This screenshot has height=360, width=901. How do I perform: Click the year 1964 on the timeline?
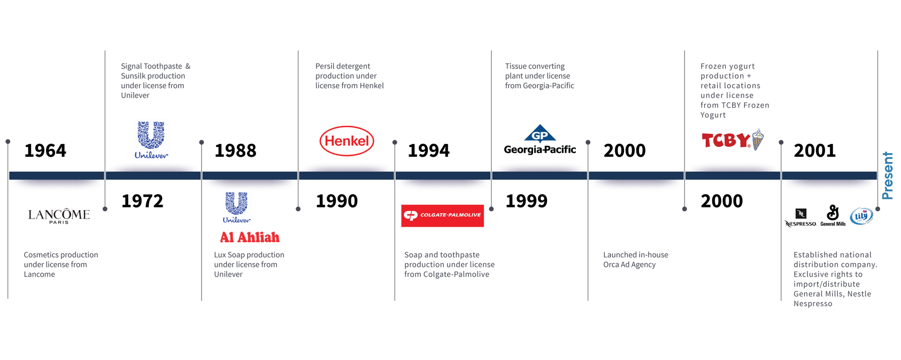[x=45, y=151]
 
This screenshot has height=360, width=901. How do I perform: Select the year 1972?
[x=142, y=201]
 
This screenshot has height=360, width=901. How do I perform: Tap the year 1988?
[x=235, y=151]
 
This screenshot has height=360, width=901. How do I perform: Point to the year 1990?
[x=337, y=201]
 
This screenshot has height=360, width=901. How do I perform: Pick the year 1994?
[x=429, y=151]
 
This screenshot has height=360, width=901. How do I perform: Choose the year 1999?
[x=527, y=201]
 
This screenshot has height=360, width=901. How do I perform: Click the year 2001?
[x=814, y=151]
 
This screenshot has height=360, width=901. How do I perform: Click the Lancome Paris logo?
[x=59, y=216]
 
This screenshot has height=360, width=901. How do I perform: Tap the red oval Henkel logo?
[x=346, y=141]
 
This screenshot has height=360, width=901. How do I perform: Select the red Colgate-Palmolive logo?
[x=442, y=216]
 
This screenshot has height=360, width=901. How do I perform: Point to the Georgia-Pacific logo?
[x=540, y=140]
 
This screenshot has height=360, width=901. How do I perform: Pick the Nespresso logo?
[x=800, y=218]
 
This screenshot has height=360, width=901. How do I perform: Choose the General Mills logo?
[x=833, y=216]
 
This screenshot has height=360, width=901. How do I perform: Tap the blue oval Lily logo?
[x=861, y=216]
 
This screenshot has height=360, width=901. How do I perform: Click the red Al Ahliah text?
[x=250, y=238]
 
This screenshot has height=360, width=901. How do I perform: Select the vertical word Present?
[x=887, y=175]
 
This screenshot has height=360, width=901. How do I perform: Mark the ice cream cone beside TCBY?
[x=758, y=139]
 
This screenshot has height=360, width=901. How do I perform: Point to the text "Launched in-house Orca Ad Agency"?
[x=636, y=259]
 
